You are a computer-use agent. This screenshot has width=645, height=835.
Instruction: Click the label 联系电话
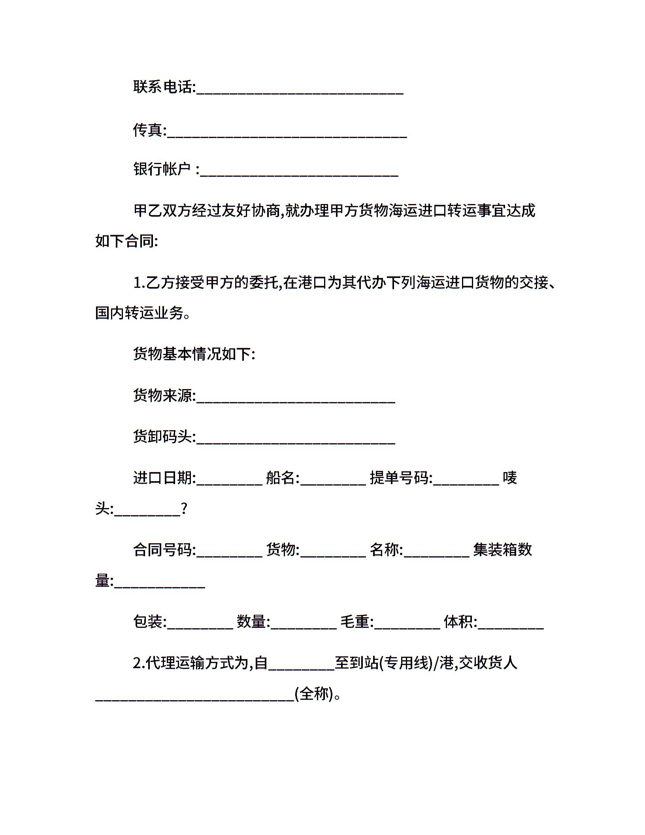164,87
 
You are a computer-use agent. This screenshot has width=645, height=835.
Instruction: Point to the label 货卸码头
164,437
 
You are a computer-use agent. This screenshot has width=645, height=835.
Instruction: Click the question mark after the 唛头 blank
184,509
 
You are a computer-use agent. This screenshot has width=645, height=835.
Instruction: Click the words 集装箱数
502,550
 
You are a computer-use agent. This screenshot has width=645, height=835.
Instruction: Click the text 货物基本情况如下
194,354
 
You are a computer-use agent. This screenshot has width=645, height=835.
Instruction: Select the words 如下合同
126,241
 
